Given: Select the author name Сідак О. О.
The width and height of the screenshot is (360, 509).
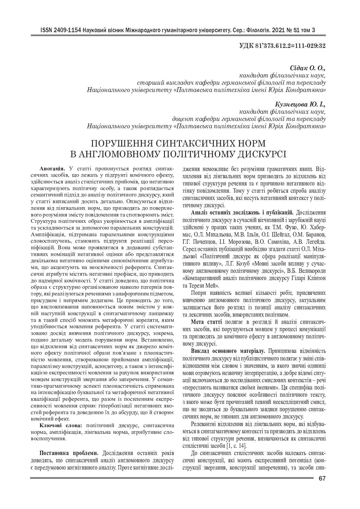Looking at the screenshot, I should pos(308,68).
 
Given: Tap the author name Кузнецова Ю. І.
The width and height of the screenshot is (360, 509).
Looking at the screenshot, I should pos(300,104).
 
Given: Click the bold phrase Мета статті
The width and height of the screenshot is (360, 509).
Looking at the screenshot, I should pos(206,322).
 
